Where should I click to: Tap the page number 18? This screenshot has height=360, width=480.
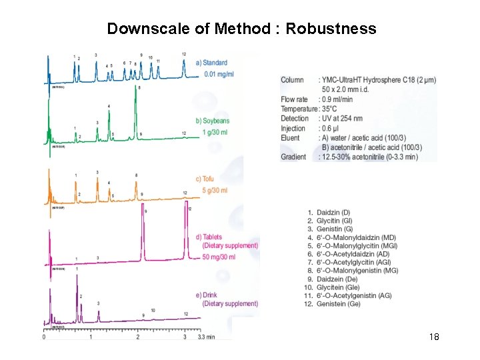pos(434,337)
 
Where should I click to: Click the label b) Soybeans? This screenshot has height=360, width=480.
pos(213,121)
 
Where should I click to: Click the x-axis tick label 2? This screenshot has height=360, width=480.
pos(138,337)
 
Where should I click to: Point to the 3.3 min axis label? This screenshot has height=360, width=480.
pos(206,337)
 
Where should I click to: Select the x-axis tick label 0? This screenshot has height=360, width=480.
pos(44,337)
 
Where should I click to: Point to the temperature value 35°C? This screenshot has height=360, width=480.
pos(333,109)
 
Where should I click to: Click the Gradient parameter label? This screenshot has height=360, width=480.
pos(293,157)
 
